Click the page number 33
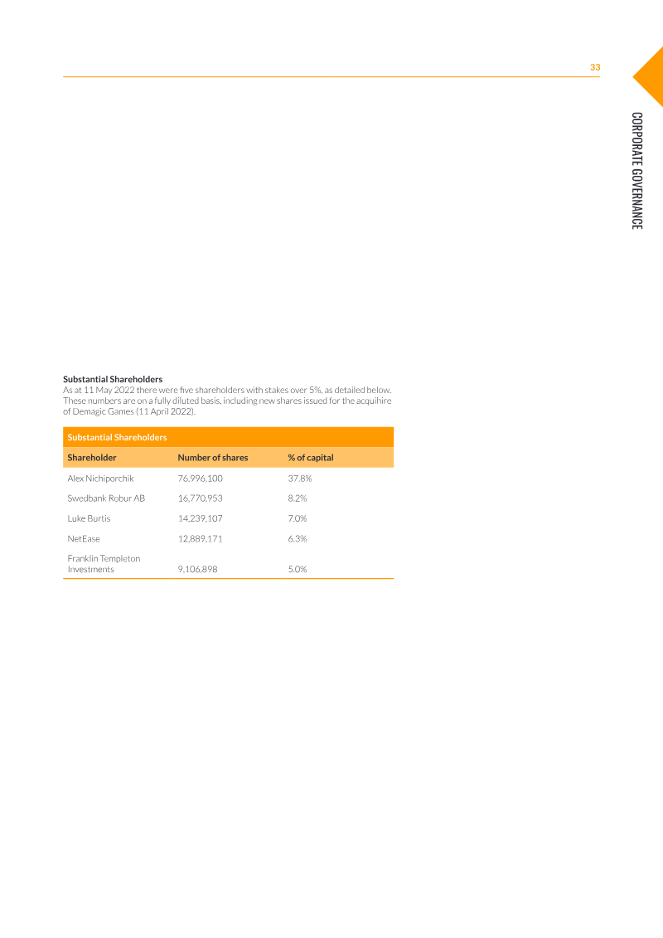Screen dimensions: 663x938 (x=594, y=67)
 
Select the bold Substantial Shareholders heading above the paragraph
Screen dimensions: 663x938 (x=113, y=379)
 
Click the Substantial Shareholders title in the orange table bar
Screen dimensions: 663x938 (x=117, y=437)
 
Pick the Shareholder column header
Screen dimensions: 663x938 (x=92, y=458)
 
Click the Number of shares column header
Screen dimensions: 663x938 (x=212, y=458)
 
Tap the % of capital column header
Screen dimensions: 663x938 (x=310, y=458)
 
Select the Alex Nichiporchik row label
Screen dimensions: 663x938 (x=100, y=479)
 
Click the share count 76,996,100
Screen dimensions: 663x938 (x=200, y=479)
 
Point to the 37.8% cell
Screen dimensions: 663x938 (x=299, y=479)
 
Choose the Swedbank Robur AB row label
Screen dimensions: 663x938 (x=106, y=498)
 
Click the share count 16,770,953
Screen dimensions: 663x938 (x=200, y=498)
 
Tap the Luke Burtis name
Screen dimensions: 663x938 (x=89, y=518)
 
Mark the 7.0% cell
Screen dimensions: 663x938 (x=297, y=518)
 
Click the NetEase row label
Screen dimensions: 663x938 (x=84, y=538)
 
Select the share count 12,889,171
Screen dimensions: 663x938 (x=200, y=538)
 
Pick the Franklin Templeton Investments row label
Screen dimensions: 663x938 (x=104, y=564)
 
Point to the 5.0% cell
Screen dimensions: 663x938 (x=297, y=570)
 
